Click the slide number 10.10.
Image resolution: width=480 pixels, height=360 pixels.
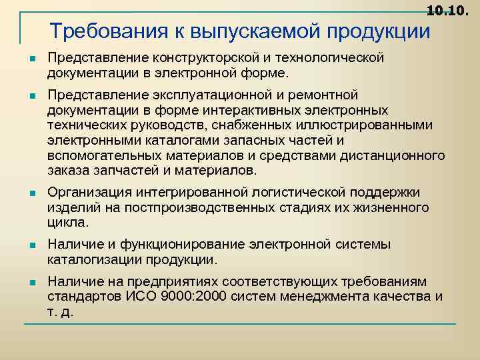click(x=451, y=11)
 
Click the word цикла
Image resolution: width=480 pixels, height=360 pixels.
click(x=67, y=222)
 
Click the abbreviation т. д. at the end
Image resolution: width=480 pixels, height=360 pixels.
click(x=60, y=311)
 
